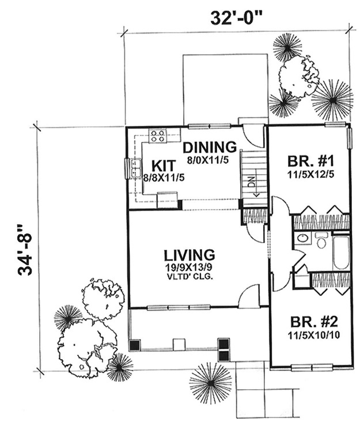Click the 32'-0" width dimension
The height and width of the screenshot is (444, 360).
[x=234, y=18]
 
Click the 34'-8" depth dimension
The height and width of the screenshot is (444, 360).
[x=25, y=250]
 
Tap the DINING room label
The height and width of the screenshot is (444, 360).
[x=210, y=148]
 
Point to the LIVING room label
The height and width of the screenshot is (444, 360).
[x=189, y=255]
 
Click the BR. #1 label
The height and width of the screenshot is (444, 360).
[x=311, y=161]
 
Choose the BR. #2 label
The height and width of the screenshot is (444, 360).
[x=314, y=322]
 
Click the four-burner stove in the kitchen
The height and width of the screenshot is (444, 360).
[x=157, y=136]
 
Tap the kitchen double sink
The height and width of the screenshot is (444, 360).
[x=137, y=169]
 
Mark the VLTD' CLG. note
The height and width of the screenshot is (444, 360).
[x=189, y=277]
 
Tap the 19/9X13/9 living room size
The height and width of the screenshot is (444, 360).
[x=189, y=268]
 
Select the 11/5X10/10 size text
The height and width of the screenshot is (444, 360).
[x=314, y=335]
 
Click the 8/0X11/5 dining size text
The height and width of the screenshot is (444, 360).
[x=207, y=160]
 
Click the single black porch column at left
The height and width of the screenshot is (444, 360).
[x=135, y=345]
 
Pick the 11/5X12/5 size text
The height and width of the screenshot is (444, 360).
[x=311, y=174]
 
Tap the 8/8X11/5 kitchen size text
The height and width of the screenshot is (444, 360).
[x=164, y=178]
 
